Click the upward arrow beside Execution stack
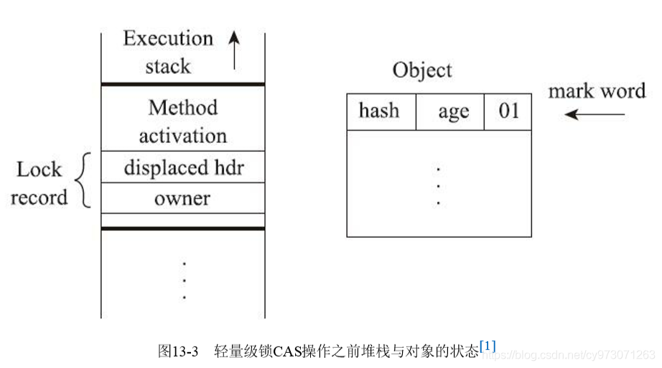tap(234, 50)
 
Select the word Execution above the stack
tap(168, 38)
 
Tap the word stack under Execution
tap(168, 66)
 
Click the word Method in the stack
tap(183, 108)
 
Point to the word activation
tap(183, 136)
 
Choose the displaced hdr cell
tap(183, 167)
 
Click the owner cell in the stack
tap(183, 198)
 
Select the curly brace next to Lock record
tap(83, 180)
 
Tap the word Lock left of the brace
tap(39, 170)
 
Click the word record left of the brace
tap(39, 198)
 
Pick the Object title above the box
tap(421, 70)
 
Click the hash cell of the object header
tap(381, 111)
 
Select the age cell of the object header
tap(450, 111)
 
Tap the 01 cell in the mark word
tap(508, 111)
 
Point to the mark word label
tap(597, 91)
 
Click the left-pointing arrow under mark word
tap(595, 114)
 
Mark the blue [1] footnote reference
tap(488, 346)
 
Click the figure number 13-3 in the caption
tap(185, 351)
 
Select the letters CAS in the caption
tap(287, 351)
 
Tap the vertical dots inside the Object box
tap(438, 186)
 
